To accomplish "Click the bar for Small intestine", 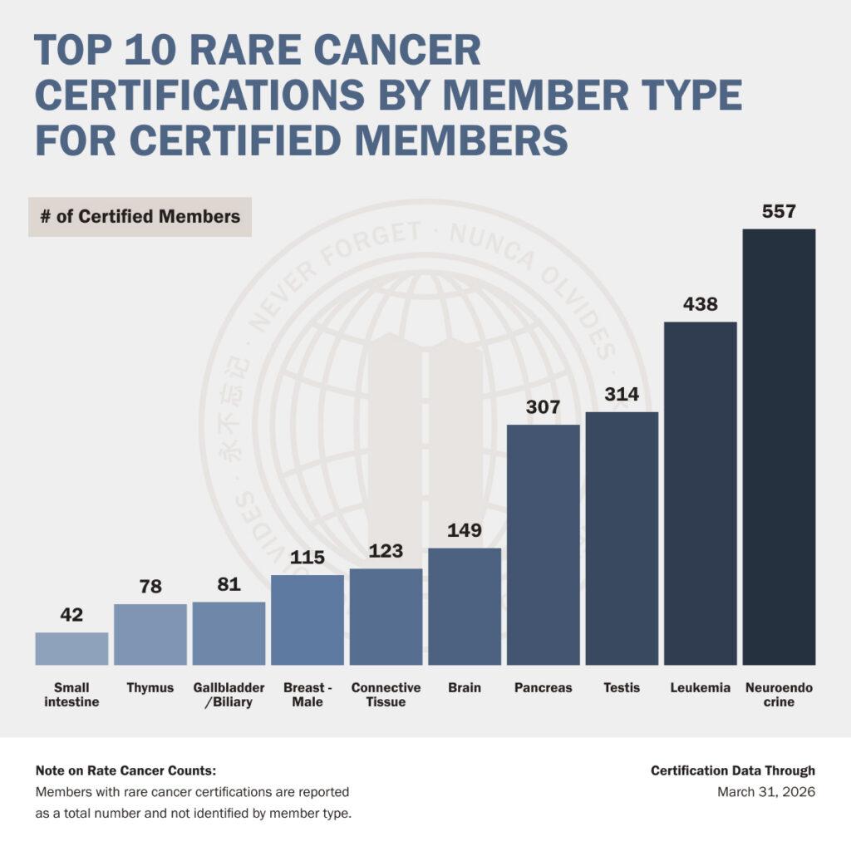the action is [71, 648].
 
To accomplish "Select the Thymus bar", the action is [150, 634].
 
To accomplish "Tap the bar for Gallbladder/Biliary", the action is [229, 633].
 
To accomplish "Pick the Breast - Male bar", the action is [307, 620].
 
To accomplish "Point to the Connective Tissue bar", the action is [386, 617].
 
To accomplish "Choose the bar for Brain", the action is [465, 607].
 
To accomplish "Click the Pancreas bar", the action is [544, 545].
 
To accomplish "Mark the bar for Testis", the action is [622, 539].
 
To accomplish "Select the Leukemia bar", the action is [701, 494].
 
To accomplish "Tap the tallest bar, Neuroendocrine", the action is [780, 447].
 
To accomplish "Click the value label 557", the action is [779, 211].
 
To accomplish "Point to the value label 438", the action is [701, 304].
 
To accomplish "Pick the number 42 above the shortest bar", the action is [71, 614].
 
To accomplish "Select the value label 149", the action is [465, 530].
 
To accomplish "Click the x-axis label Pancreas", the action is [544, 687].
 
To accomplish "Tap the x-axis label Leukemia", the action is [700, 687].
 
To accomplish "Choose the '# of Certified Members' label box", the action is [140, 217].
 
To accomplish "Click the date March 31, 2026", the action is [766, 792].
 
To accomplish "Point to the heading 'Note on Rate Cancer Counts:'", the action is [126, 770].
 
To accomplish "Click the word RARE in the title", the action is [246, 50].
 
